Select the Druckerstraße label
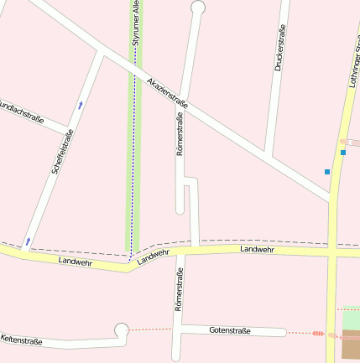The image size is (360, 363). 279,47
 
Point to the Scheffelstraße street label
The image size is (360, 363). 63,148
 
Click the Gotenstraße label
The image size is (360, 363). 230,330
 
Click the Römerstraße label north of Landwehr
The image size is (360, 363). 179,136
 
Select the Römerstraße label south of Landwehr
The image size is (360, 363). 178,289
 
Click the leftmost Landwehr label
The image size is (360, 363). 75,262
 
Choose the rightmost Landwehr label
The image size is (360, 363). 257,250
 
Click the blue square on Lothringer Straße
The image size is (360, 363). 343,153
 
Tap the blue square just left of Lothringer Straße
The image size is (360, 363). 327,172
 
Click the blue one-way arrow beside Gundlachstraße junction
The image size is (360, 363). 80,106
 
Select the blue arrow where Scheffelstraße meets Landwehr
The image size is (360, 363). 28,241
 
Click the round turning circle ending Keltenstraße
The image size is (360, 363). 121,329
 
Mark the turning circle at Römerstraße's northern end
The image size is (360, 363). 198,8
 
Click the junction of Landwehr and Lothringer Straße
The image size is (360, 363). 332,251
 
